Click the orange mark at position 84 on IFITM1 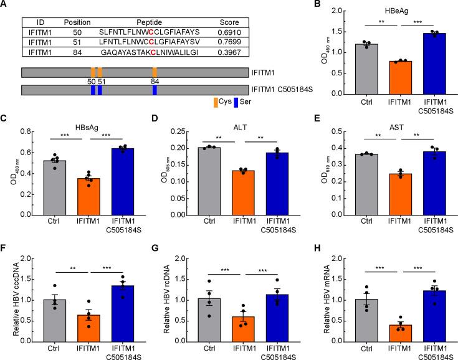tap(155, 72)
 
